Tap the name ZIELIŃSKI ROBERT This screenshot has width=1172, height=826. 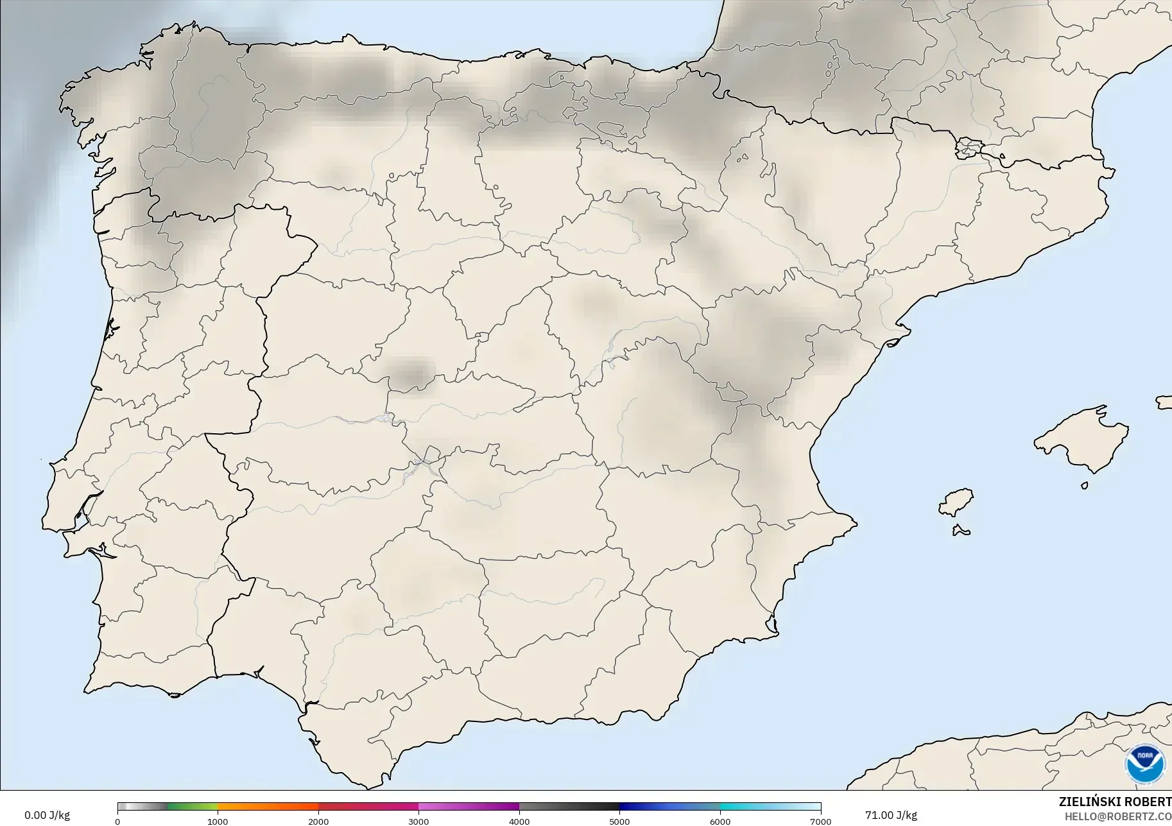click(x=1115, y=802)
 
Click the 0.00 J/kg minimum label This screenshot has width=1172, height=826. click(x=47, y=815)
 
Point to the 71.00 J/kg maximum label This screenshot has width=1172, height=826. click(x=891, y=815)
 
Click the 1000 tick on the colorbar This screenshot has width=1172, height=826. click(x=218, y=822)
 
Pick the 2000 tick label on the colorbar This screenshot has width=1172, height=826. click(x=318, y=822)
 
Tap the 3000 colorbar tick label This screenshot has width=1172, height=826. click(x=418, y=822)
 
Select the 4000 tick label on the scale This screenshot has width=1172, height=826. click(x=519, y=822)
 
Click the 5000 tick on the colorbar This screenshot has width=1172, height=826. click(x=619, y=822)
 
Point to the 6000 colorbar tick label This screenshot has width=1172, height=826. click(x=720, y=822)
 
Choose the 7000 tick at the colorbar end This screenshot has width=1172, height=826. click(x=821, y=822)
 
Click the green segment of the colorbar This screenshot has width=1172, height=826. click(x=193, y=807)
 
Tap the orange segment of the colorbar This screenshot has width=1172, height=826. click(x=268, y=807)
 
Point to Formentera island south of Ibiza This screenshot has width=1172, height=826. click(x=961, y=530)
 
